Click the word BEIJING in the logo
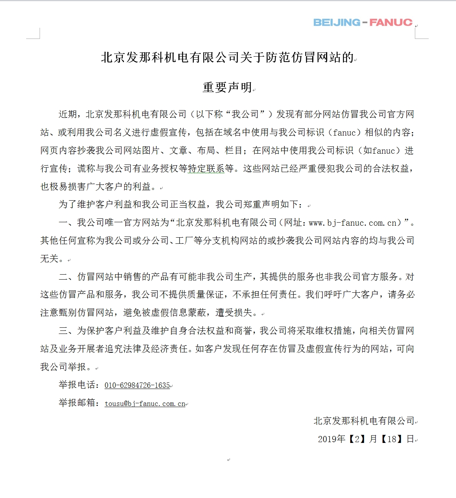337,22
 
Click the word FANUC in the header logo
391,22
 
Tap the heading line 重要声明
227,87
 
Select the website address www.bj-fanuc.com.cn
353,223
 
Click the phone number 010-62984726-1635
137,385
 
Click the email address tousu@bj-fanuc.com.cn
145,404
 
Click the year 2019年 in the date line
331,439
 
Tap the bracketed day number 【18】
391,439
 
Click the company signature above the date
364,421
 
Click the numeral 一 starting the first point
63,223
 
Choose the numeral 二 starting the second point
63,277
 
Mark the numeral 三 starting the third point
63,331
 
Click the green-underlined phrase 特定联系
206,169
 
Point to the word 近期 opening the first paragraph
68,114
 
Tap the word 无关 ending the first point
50,259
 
